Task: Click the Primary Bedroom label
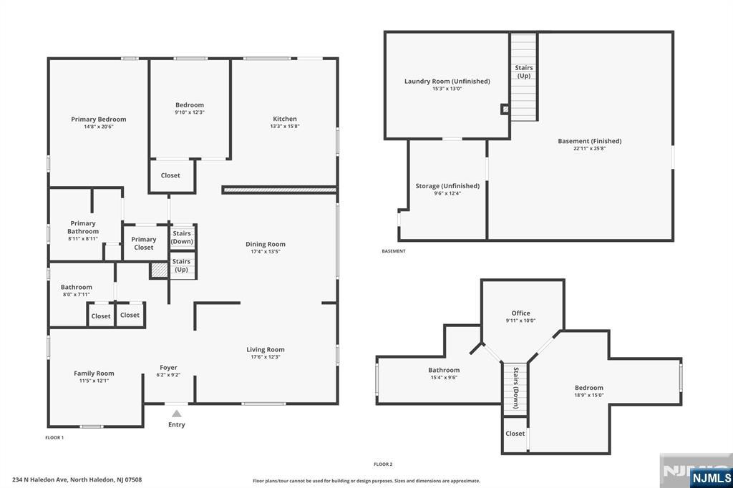[x=99, y=119]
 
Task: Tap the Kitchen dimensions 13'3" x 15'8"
[x=284, y=127]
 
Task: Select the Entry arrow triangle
[x=176, y=413]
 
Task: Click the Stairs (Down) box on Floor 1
[x=182, y=238]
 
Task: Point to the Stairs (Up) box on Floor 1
[x=182, y=265]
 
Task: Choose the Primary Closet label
[x=144, y=243]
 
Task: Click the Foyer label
[x=168, y=368]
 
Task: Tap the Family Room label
[x=94, y=374]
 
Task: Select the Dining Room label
[x=266, y=245]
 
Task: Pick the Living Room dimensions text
[x=266, y=357]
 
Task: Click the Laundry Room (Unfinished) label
[x=447, y=82]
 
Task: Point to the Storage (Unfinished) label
[x=447, y=186]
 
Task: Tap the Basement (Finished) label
[x=590, y=141]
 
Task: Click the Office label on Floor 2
[x=521, y=313]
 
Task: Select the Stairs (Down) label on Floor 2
[x=515, y=388]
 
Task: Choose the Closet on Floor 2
[x=515, y=434]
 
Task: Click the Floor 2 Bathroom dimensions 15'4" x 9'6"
[x=444, y=377]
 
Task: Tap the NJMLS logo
[x=711, y=477]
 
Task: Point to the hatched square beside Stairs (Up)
[x=158, y=270]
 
